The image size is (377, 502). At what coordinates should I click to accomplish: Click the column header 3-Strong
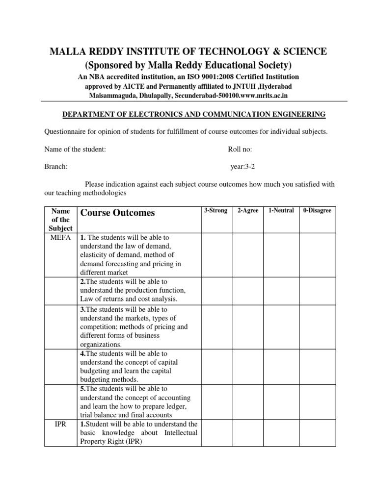tap(215, 210)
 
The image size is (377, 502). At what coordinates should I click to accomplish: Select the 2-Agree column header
tap(248, 210)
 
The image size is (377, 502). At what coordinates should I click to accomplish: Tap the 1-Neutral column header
tap(281, 210)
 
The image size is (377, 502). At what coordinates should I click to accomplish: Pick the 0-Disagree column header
tap(317, 210)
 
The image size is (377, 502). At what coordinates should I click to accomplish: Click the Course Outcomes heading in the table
tap(117, 213)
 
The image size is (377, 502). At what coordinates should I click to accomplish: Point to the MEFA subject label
tap(61, 238)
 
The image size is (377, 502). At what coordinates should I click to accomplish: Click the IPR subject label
tap(61, 424)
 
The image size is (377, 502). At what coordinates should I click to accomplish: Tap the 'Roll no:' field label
tap(240, 150)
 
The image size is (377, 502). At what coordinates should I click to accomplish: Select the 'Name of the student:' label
tap(75, 150)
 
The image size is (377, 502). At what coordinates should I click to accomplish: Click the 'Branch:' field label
tap(56, 166)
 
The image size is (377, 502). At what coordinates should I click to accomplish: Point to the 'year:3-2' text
tap(242, 166)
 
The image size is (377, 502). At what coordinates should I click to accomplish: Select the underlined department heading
tap(193, 115)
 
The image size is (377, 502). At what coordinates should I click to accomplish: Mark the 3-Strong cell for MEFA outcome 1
tap(216, 255)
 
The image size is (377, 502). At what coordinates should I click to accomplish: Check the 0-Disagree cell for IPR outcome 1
tap(318, 433)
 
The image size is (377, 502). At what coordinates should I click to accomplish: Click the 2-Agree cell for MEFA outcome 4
tap(248, 367)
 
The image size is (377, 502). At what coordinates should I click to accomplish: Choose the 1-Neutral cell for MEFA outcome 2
tap(281, 291)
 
